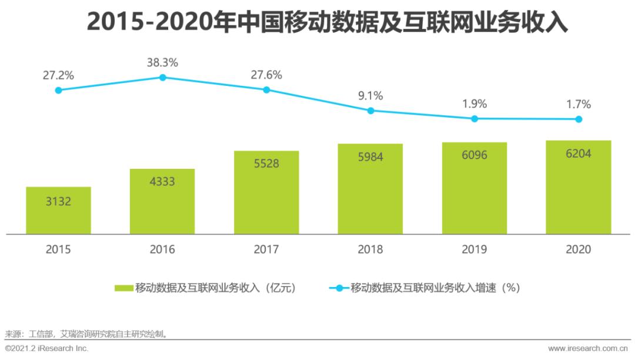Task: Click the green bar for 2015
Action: click(x=58, y=210)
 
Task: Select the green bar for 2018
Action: click(x=370, y=188)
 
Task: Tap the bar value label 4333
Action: click(x=162, y=182)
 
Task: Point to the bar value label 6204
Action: click(x=579, y=154)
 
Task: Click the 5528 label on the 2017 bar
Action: click(x=266, y=164)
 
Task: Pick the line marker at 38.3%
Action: click(x=162, y=77)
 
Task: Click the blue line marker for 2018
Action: click(x=370, y=111)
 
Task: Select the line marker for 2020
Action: click(x=579, y=119)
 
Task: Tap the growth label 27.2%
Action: click(x=58, y=75)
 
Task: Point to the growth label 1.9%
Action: click(x=474, y=104)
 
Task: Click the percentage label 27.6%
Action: click(x=266, y=75)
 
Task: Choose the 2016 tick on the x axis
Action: click(x=162, y=249)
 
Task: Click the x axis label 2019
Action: click(x=474, y=249)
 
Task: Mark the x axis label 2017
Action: click(x=266, y=249)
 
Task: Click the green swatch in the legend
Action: click(x=123, y=288)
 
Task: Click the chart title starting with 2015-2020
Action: click(x=318, y=22)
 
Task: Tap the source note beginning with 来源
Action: click(x=86, y=334)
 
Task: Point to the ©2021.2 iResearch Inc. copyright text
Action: click(x=46, y=349)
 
